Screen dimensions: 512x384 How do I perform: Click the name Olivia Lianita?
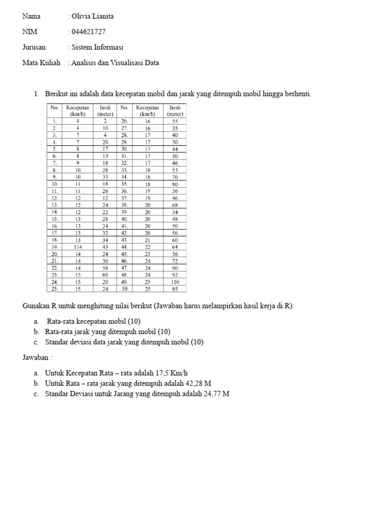pyautogui.click(x=92, y=16)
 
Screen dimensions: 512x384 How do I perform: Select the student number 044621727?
pyautogui.click(x=88, y=32)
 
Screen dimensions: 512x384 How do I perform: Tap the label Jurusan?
pyautogui.click(x=34, y=47)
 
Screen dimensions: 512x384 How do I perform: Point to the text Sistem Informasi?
pyautogui.click(x=97, y=47)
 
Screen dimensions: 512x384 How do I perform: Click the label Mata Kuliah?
pyautogui.click(x=41, y=63)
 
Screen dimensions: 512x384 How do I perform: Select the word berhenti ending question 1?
pyautogui.click(x=295, y=94)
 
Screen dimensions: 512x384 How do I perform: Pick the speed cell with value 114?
pyautogui.click(x=77, y=246)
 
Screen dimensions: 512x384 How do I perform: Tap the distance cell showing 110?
pyautogui.click(x=174, y=281)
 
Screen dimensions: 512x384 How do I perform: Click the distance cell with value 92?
pyautogui.click(x=174, y=274)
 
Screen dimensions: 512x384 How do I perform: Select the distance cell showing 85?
pyautogui.click(x=174, y=288)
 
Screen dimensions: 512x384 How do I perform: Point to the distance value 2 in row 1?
pyautogui.click(x=105, y=121)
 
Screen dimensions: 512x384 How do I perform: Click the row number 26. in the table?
pyautogui.click(x=124, y=121)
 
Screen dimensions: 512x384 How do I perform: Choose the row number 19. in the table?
pyautogui.click(x=54, y=246)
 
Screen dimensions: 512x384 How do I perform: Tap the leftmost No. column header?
pyautogui.click(x=54, y=107)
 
